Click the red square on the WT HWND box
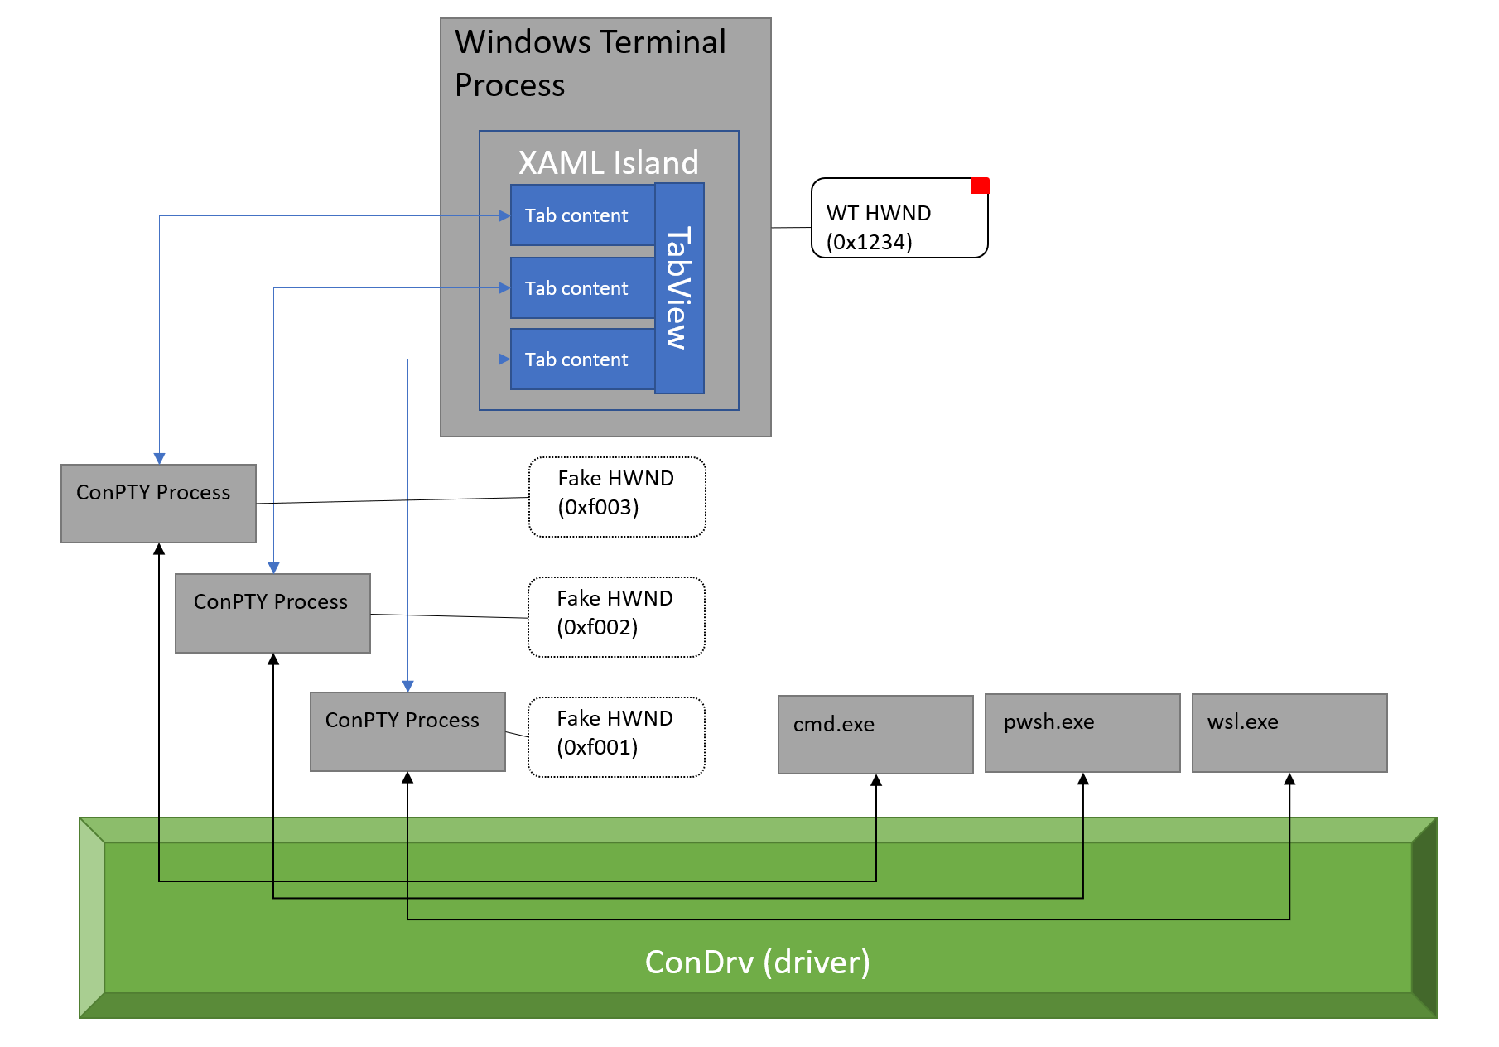[980, 186]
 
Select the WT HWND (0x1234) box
[899, 219]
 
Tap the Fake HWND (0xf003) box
[617, 497]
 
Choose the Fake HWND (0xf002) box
[616, 617]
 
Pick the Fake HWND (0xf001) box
[616, 737]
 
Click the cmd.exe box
[875, 735]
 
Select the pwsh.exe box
[1082, 733]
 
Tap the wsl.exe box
[1289, 733]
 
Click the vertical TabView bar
[679, 288]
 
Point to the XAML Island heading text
[609, 162]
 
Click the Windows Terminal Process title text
[590, 63]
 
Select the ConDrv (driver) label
[757, 963]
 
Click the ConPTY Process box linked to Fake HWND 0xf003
[158, 504]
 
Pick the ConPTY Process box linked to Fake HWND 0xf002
[272, 613]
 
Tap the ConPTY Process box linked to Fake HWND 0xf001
[407, 731]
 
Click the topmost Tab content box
[582, 215]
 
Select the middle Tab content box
[582, 288]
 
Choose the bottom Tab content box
[582, 359]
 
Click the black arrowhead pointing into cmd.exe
[876, 780]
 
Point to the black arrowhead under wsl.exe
[1289, 779]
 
